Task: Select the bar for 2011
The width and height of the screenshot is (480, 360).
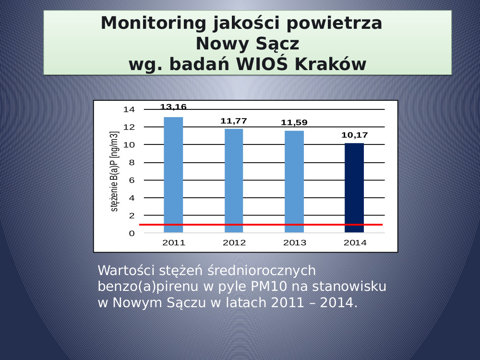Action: (173, 175)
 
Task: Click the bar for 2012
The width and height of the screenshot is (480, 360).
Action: (234, 180)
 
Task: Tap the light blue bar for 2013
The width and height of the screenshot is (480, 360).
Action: (294, 182)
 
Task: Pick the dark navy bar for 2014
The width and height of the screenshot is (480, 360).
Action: (354, 188)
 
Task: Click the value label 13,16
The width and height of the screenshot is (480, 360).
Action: (173, 107)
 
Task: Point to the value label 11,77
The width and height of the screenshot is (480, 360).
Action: (234, 121)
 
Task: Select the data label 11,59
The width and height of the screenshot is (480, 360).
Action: (294, 122)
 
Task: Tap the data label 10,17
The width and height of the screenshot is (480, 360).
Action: (355, 135)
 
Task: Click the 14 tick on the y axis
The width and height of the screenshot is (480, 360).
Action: (129, 109)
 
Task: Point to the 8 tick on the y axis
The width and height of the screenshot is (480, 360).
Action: (132, 163)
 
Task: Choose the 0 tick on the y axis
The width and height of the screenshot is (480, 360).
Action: (132, 233)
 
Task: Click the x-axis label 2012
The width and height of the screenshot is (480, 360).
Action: (234, 243)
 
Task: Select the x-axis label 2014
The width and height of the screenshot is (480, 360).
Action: (355, 243)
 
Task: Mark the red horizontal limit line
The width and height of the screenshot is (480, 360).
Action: (261, 225)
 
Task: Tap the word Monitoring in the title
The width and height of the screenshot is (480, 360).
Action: (153, 24)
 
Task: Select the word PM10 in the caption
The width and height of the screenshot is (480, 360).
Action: (268, 287)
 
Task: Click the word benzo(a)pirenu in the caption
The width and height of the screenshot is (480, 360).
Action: (148, 287)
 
